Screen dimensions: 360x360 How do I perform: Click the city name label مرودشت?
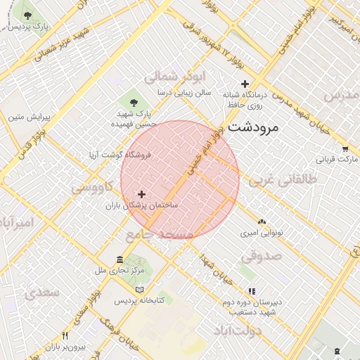[254, 128]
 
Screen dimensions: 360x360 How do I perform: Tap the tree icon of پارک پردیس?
[28, 15]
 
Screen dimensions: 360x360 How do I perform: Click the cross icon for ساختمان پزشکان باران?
[142, 194]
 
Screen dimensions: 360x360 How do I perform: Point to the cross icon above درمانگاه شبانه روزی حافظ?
[245, 84]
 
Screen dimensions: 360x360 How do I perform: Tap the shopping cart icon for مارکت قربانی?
[345, 149]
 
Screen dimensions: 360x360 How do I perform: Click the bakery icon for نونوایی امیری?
[262, 221]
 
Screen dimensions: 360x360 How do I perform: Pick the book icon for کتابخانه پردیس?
[139, 290]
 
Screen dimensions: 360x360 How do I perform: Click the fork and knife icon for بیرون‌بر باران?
[65, 336]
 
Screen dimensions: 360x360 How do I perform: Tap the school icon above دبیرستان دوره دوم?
[252, 291]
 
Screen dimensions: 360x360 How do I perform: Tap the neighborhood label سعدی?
[41, 292]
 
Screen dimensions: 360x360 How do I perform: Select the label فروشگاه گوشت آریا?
[121, 154]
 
